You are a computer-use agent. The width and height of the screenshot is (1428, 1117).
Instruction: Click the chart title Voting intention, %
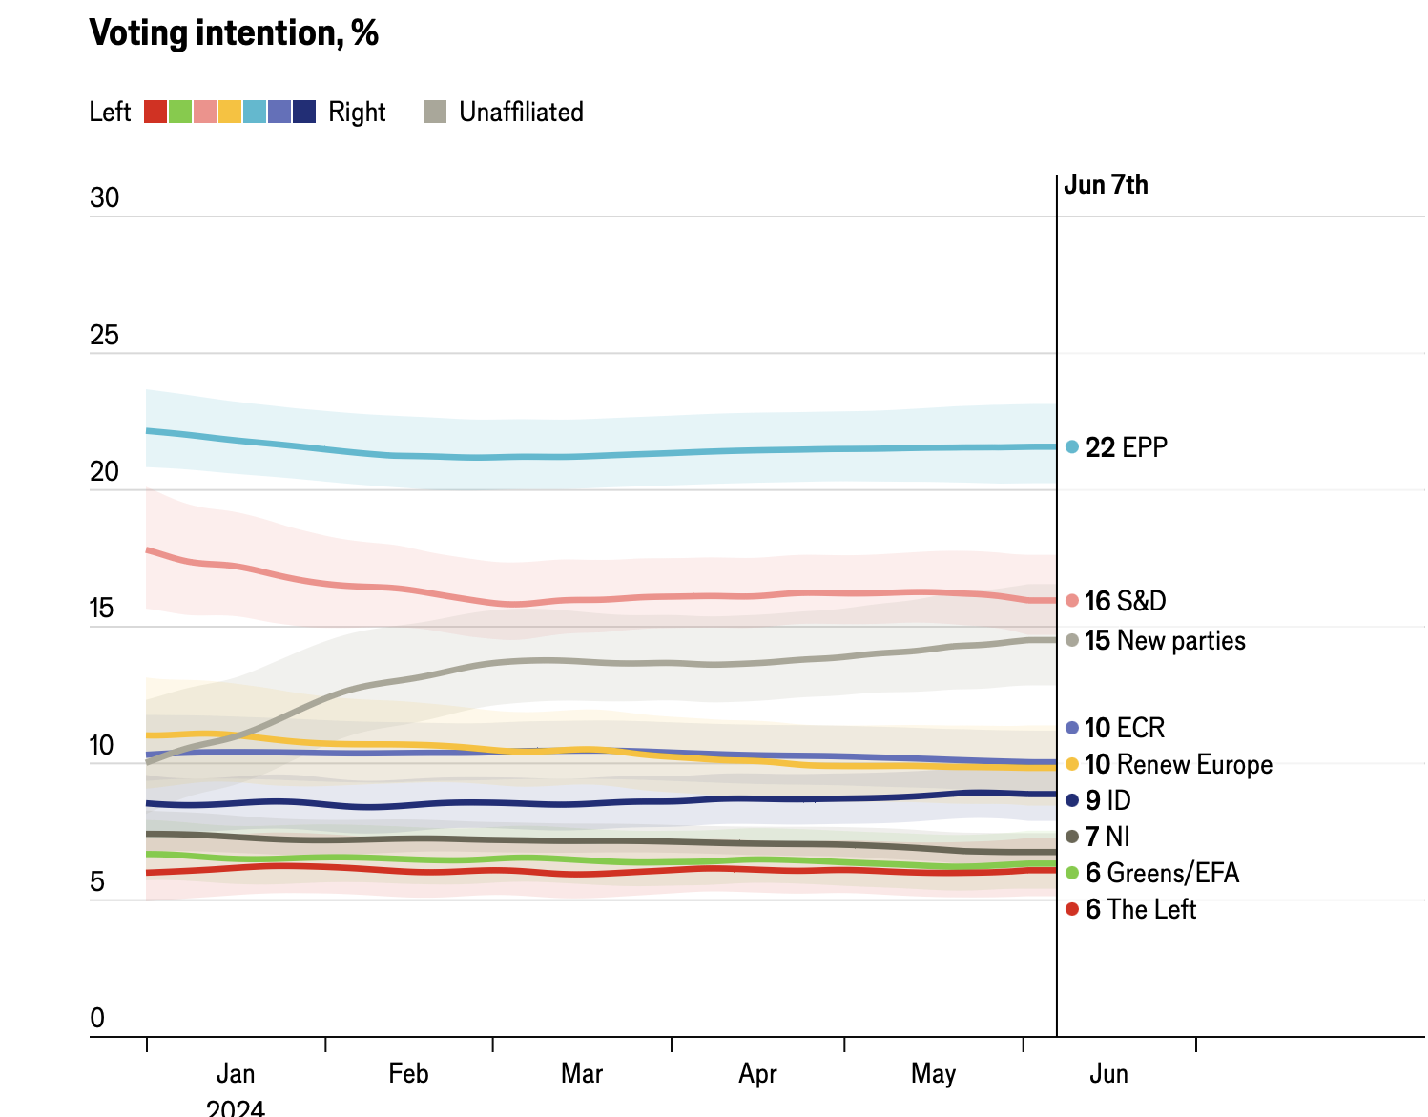(x=234, y=33)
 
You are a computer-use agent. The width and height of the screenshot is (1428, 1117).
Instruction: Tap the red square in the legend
(x=155, y=112)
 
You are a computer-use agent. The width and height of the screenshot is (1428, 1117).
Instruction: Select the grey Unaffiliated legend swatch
(x=435, y=112)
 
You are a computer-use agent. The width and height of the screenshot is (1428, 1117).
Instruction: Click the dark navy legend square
(x=304, y=112)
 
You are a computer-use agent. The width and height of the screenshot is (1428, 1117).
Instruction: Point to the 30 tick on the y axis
(x=105, y=198)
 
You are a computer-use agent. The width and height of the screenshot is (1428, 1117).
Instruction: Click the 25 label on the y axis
(x=105, y=335)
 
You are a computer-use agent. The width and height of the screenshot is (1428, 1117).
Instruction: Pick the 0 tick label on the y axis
(x=97, y=1018)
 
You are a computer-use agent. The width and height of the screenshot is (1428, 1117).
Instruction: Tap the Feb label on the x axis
(x=408, y=1074)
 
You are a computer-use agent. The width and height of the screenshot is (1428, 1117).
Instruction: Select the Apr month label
(x=757, y=1074)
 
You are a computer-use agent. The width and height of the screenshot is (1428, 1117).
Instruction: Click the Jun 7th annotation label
(x=1106, y=185)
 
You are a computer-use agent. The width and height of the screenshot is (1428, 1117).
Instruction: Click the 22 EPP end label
(x=1126, y=447)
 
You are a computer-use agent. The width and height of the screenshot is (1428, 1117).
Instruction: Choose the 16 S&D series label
(x=1125, y=601)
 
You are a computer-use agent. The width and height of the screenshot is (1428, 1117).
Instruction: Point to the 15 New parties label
(x=1165, y=640)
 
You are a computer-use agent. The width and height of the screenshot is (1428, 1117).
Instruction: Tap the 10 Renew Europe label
(x=1178, y=764)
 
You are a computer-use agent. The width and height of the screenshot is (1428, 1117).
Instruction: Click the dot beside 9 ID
(x=1072, y=800)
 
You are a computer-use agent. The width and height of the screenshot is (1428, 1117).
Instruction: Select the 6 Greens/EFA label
(x=1162, y=873)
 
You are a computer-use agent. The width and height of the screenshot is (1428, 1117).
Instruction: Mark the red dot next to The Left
(x=1072, y=909)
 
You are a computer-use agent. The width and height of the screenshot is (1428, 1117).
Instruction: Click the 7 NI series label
(x=1107, y=837)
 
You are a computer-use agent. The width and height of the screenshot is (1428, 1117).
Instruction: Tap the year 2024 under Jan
(x=236, y=1107)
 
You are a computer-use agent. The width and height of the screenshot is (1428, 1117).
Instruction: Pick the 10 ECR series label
(x=1125, y=728)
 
